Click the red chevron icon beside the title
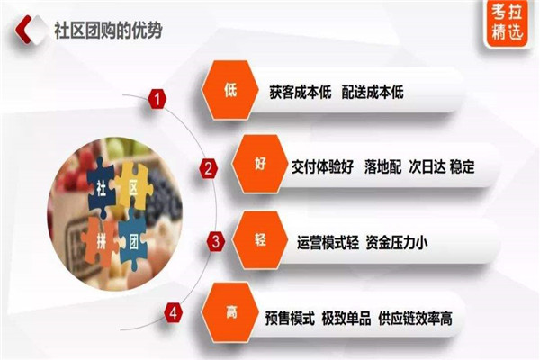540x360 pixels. click(x=23, y=30)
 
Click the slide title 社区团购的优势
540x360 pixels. click(x=108, y=31)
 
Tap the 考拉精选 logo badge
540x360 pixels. click(x=507, y=22)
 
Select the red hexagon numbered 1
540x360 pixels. click(x=157, y=99)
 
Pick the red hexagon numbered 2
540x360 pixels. click(x=209, y=169)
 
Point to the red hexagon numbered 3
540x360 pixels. click(x=216, y=241)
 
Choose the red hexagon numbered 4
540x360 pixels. click(x=173, y=313)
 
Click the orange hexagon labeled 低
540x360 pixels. click(x=230, y=90)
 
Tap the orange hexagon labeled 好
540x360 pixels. click(x=260, y=164)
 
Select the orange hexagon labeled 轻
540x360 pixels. click(x=260, y=240)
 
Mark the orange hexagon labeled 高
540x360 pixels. click(x=230, y=313)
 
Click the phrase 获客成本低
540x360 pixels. click(x=301, y=93)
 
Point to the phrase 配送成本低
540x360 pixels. click(x=373, y=93)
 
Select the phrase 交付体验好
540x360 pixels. click(x=322, y=167)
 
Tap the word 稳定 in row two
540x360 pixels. click(x=463, y=166)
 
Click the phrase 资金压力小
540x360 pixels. click(x=397, y=243)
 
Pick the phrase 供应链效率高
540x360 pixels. click(x=415, y=319)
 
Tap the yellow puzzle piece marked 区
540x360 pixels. click(x=133, y=186)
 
